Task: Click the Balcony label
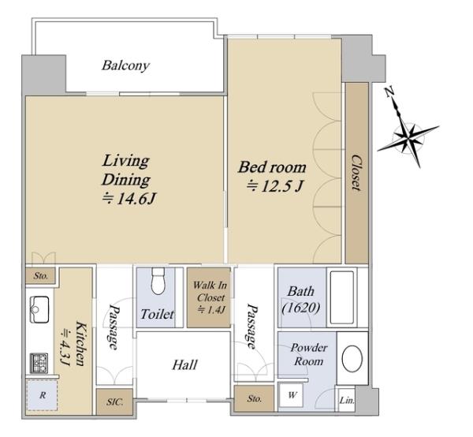click(125, 65)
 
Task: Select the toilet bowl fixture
click(158, 281)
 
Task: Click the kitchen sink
click(39, 309)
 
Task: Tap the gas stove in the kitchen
click(39, 363)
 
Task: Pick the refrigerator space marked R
click(43, 395)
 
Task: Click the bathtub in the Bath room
click(342, 297)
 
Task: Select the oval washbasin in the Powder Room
click(352, 359)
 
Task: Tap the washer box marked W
click(291, 394)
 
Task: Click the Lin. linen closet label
click(347, 401)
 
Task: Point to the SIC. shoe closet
click(114, 402)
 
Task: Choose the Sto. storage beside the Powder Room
click(254, 398)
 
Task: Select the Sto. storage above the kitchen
click(40, 275)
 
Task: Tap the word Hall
click(184, 365)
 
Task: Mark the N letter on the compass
click(389, 92)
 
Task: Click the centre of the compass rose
click(408, 139)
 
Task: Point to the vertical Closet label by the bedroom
click(356, 173)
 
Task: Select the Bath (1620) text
click(301, 300)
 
